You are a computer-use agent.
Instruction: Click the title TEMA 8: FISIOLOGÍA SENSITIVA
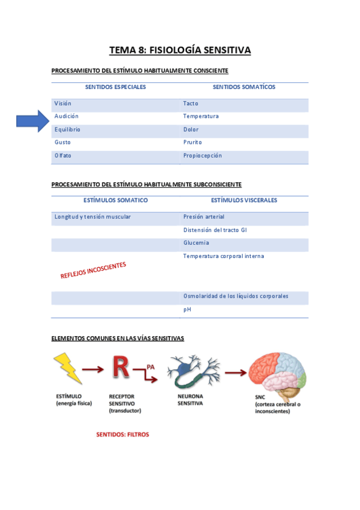click(x=180, y=50)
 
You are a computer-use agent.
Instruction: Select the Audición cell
click(x=67, y=116)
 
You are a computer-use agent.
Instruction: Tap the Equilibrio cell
click(x=67, y=129)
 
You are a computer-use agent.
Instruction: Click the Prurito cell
click(x=192, y=143)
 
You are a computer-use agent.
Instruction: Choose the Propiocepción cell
click(x=203, y=156)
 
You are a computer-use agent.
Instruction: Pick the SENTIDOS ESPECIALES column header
click(x=115, y=87)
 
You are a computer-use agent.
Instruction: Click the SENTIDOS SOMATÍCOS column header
click(x=244, y=87)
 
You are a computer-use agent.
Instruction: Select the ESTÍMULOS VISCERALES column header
click(x=244, y=200)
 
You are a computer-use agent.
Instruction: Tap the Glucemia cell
click(x=197, y=243)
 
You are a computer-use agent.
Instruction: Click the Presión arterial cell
click(x=204, y=217)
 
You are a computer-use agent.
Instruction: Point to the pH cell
click(x=187, y=309)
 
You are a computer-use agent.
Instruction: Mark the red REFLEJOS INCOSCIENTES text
click(x=93, y=270)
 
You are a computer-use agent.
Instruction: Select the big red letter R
click(x=121, y=367)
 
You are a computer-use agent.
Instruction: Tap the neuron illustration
click(x=192, y=372)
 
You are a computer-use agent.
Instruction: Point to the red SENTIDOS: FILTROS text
click(x=123, y=434)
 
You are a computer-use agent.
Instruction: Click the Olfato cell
click(x=63, y=156)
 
